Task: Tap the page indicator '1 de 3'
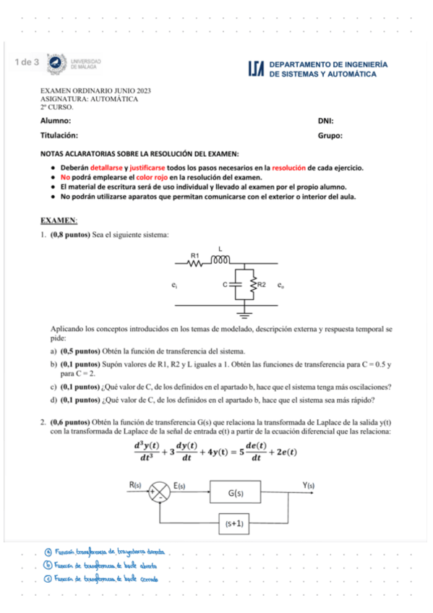27,63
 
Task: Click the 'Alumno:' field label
55,121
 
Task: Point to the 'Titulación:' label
59,135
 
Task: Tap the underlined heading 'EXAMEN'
59,219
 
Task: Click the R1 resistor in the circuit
195,264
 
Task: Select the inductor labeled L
220,260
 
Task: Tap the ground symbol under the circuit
246,314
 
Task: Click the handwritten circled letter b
48,565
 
